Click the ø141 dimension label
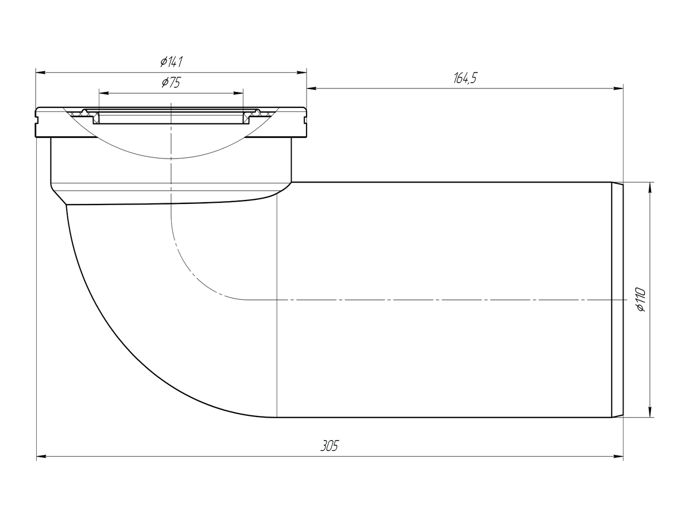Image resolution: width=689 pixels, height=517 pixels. tap(171, 62)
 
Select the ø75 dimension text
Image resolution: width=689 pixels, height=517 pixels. tap(171, 83)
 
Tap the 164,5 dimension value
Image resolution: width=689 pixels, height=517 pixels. tap(465, 78)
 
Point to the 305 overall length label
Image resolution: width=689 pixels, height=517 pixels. tap(330, 446)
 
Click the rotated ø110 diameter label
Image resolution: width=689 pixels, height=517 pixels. tap(640, 299)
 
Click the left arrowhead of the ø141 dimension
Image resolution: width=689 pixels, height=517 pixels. tap(41, 73)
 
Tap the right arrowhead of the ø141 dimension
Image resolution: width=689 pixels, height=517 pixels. tap(301, 73)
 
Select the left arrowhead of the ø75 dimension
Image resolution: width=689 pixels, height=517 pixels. tap(104, 93)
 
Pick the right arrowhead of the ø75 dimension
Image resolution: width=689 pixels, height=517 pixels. tap(238, 93)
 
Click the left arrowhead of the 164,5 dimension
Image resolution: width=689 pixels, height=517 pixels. tap(312, 88)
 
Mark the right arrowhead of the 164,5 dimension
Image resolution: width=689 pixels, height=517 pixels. tap(618, 88)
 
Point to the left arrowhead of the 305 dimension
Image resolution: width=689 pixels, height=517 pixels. tap(41, 457)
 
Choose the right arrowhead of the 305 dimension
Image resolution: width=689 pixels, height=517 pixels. tap(618, 457)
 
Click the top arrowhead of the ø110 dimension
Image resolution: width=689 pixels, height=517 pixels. tap(650, 187)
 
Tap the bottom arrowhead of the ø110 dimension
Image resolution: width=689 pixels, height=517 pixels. tap(650, 412)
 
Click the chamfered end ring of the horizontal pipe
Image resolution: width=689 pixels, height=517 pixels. tap(617, 300)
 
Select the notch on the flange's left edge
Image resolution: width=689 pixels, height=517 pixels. tap(37, 120)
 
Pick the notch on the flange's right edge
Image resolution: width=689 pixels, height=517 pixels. tap(305, 120)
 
